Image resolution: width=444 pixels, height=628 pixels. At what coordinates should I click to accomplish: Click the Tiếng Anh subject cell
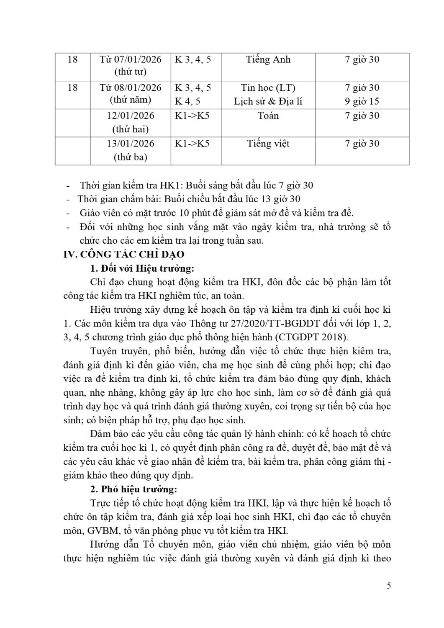coord(268,59)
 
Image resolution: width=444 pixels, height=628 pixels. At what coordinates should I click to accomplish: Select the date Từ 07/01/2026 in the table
coord(131,59)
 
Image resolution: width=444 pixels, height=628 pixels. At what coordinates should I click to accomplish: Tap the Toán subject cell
coord(268,116)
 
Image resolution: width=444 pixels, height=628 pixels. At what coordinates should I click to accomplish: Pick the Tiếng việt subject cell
coord(268,144)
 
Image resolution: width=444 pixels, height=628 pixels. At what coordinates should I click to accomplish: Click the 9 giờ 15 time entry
coord(362,101)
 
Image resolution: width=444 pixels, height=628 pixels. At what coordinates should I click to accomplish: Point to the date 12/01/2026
coord(131,116)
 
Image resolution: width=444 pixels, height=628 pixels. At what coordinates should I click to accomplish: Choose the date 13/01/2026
coord(131,144)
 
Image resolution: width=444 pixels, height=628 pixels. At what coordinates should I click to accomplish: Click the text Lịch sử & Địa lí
coord(268,101)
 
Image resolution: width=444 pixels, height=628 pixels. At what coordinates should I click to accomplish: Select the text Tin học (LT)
coord(268,88)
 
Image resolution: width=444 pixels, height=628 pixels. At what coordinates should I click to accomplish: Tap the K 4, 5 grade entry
coord(187,101)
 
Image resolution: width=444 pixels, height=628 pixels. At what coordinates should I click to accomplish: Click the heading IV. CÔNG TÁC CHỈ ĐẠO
coord(123,254)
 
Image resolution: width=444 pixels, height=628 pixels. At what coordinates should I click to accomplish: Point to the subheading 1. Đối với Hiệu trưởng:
coord(142,268)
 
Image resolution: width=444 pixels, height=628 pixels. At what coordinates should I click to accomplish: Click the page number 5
coord(389,586)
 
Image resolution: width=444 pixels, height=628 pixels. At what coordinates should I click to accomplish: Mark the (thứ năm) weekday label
coord(131,100)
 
